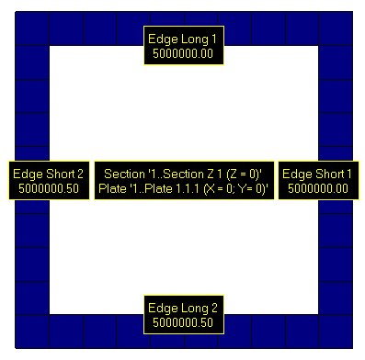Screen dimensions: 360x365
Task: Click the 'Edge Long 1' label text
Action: point(182,39)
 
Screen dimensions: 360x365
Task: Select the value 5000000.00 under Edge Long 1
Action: point(182,53)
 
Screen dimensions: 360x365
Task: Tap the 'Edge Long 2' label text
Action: point(182,308)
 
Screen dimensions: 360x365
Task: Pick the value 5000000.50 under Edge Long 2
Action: point(182,322)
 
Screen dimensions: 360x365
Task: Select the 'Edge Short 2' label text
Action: point(49,174)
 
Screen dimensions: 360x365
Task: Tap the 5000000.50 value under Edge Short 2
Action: point(49,188)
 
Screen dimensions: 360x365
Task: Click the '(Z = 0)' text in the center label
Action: point(242,174)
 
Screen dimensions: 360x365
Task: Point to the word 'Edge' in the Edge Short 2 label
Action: point(26,174)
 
